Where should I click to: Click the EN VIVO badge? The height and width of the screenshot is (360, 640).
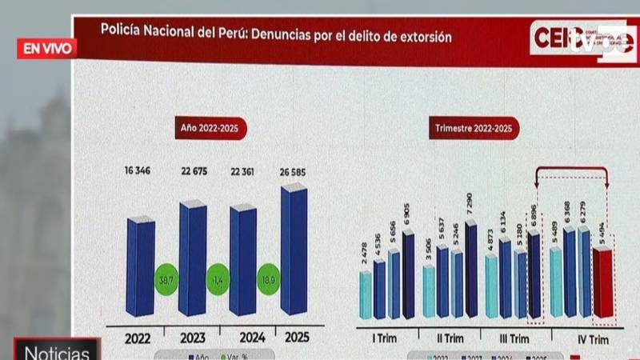pos(46,48)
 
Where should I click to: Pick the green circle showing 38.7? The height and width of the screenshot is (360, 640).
pos(166,281)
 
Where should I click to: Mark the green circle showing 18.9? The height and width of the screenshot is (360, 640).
pos(269,281)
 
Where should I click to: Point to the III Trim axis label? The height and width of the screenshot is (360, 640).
pos(513,338)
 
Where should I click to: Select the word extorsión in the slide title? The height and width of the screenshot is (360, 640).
pos(425,37)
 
